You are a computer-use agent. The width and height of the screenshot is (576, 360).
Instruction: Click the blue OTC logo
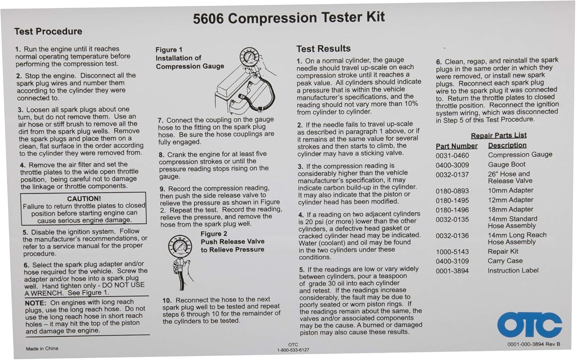(x=530, y=324)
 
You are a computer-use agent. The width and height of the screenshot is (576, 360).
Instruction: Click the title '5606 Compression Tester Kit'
(x=288, y=18)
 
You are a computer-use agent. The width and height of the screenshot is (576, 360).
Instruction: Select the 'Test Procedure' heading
(x=48, y=32)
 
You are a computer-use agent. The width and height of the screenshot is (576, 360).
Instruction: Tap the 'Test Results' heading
(x=323, y=49)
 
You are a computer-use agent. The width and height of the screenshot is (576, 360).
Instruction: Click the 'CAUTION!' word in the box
(x=84, y=199)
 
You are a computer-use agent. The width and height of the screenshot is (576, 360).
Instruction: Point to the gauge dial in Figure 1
(x=250, y=59)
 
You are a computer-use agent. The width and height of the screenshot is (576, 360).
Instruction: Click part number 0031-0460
(x=452, y=156)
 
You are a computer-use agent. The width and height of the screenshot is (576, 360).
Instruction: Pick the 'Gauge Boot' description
(x=506, y=164)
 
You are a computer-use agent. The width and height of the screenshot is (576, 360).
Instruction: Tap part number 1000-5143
(x=452, y=252)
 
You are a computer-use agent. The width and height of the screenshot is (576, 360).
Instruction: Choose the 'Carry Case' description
(x=505, y=261)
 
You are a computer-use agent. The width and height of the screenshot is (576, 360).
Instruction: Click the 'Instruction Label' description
(x=513, y=270)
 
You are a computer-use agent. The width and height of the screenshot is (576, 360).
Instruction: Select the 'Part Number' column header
(x=457, y=146)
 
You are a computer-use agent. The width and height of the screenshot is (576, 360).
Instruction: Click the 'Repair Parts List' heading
(x=498, y=135)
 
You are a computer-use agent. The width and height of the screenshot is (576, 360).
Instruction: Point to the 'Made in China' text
(x=42, y=348)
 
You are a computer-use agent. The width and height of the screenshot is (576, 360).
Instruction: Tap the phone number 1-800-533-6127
(x=293, y=350)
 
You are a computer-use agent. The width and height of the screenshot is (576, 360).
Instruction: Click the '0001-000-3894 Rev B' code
(x=533, y=344)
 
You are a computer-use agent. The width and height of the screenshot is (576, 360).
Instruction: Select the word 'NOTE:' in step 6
(x=35, y=303)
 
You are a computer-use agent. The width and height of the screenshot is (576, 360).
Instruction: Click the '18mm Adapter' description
(x=510, y=209)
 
